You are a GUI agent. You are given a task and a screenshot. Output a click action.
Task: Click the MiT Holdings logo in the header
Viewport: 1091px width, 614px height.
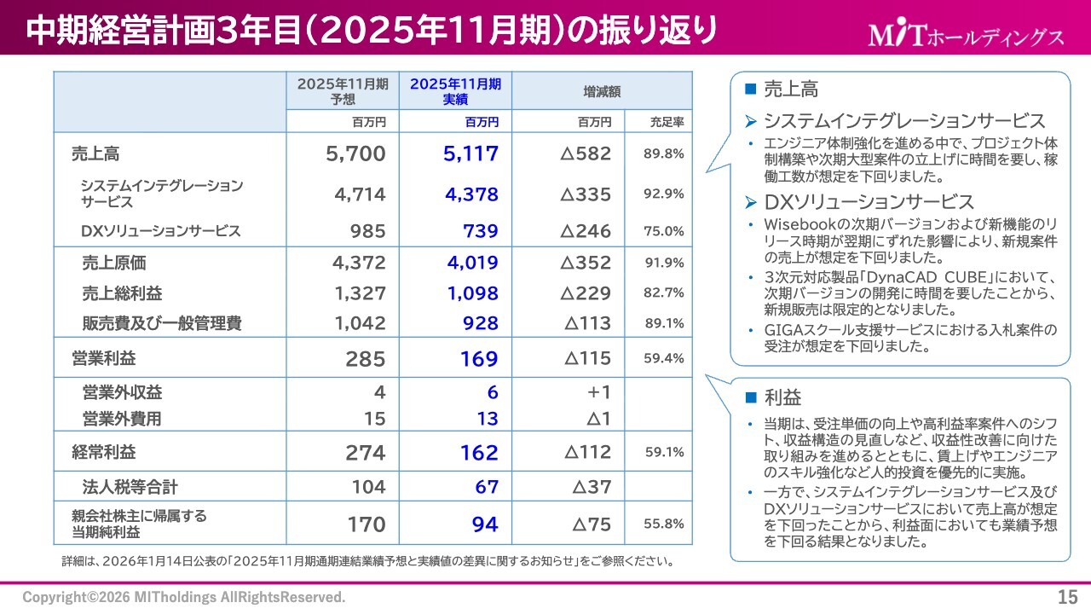point(966,35)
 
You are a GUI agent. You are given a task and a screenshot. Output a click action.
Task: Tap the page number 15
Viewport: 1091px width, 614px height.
point(1067,596)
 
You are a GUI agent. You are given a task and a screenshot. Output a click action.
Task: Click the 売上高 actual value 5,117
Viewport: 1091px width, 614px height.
point(470,154)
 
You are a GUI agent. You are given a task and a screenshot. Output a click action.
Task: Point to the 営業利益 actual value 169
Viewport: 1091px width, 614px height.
point(479,359)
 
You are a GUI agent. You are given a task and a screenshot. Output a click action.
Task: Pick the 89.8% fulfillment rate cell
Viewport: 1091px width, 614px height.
point(663,154)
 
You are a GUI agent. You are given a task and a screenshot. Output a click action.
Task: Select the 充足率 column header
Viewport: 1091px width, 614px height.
point(666,122)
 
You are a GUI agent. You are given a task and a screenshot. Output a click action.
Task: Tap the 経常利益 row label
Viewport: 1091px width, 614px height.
point(104,452)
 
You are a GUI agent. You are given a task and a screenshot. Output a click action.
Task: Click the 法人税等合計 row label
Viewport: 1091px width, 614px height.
point(130,487)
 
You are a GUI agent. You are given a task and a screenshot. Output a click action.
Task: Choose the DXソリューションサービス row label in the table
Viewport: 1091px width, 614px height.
point(160,231)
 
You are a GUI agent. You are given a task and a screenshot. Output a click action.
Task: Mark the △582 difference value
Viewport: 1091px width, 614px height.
point(586,154)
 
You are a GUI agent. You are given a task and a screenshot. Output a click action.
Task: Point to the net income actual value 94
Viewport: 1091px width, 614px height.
point(485,524)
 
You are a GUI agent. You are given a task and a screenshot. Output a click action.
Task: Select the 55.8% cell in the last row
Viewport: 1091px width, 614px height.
point(663,524)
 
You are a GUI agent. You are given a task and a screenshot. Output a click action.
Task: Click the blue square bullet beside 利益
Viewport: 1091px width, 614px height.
point(751,397)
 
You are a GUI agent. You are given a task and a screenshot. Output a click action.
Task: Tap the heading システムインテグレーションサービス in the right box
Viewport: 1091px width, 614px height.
point(903,121)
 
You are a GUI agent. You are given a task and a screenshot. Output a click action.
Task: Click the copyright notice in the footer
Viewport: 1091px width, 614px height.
point(184,597)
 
